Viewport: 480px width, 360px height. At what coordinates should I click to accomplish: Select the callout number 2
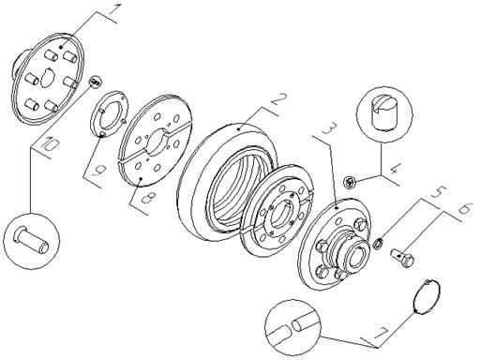tap(278, 100)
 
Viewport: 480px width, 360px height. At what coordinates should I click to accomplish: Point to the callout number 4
tap(394, 170)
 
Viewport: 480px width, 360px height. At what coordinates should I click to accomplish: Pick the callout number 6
tap(465, 207)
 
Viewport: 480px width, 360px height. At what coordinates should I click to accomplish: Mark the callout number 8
tap(146, 198)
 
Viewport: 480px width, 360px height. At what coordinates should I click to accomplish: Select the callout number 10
tap(50, 144)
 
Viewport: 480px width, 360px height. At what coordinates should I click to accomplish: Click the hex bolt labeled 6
tap(402, 257)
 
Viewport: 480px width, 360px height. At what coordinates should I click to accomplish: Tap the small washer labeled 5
tap(378, 243)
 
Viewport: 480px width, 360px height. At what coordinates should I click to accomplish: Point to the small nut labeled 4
tap(350, 182)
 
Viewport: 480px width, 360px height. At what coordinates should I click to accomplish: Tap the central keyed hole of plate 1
tap(48, 76)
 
